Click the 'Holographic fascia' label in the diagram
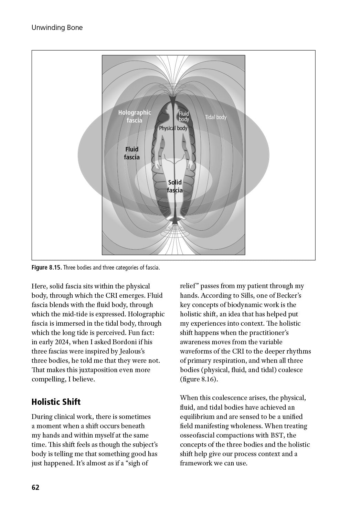135,116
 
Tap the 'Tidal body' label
216,117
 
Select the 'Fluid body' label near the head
184,116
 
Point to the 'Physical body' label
173,128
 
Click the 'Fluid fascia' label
132,153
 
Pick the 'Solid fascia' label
175,186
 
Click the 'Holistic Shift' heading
56,402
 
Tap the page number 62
35,487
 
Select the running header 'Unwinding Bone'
57,28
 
